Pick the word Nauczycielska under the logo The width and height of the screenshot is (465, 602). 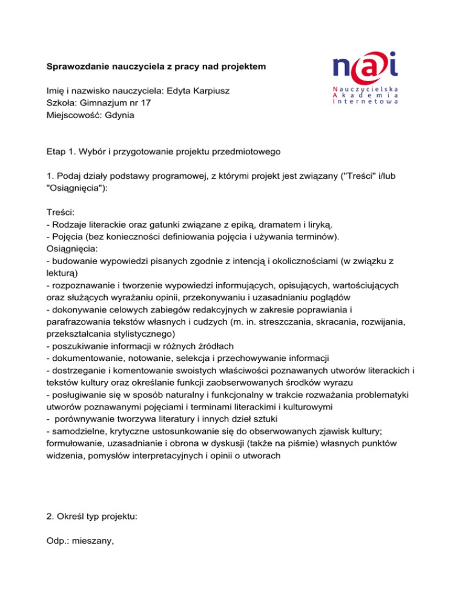point(366,89)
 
